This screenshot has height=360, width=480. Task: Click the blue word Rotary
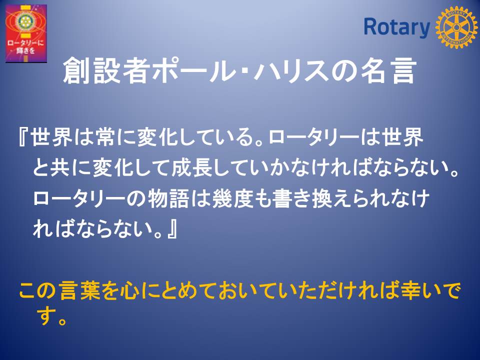coord(396,27)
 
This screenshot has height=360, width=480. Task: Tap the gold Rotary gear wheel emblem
coord(456,27)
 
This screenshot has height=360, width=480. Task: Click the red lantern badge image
coord(26,33)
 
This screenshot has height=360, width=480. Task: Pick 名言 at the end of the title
coord(389,71)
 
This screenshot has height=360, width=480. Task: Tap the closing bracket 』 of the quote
coord(172,229)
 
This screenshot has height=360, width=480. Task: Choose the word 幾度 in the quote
coord(232,198)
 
